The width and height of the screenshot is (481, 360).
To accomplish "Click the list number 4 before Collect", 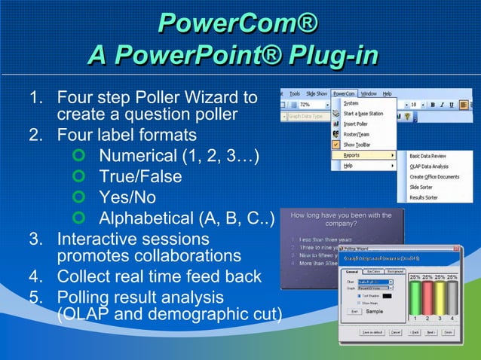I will pyautogui.click(x=35, y=276).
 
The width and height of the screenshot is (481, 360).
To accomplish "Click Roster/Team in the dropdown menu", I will pyautogui.click(x=356, y=134).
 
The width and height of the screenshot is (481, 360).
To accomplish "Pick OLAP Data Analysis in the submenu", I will pyautogui.click(x=430, y=165).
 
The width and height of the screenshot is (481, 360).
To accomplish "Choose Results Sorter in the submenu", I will pyautogui.click(x=423, y=197).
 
